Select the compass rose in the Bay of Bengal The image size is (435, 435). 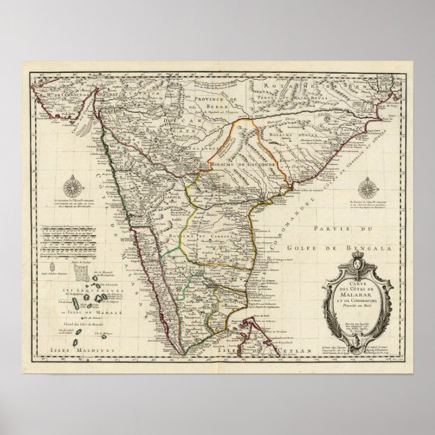[369, 188]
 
